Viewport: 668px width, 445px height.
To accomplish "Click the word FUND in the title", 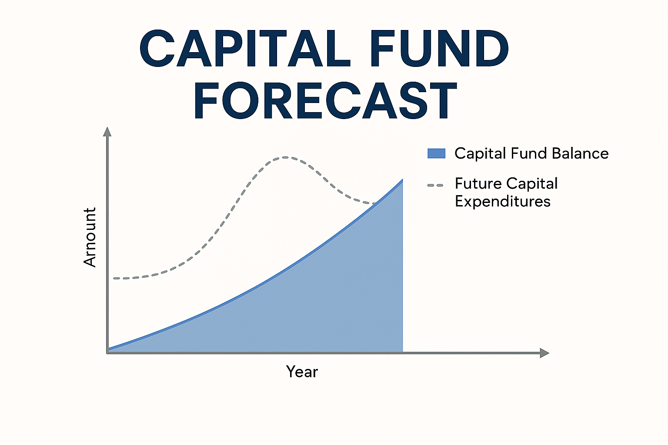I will (439, 49).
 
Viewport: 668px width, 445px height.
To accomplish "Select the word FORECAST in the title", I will (325, 101).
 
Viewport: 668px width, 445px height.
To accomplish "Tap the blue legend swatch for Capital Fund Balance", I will (436, 153).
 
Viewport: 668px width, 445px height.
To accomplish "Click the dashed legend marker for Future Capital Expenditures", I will (435, 186).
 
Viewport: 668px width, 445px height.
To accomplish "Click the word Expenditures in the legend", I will (502, 202).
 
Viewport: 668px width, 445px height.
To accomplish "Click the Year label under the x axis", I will (302, 372).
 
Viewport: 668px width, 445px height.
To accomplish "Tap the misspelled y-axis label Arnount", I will (90, 237).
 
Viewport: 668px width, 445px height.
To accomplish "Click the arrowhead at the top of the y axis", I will (107, 131).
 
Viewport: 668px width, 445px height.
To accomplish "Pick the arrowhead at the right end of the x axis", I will (544, 353).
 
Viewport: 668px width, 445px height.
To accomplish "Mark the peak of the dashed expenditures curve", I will (285, 157).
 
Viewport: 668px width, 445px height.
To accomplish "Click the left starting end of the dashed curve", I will (114, 278).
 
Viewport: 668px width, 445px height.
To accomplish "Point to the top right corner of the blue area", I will (402, 180).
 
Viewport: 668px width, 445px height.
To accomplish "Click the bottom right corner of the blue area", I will (402, 351).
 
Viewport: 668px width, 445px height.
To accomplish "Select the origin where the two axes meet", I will (107, 353).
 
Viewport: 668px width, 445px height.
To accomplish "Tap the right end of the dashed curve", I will (375, 203).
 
